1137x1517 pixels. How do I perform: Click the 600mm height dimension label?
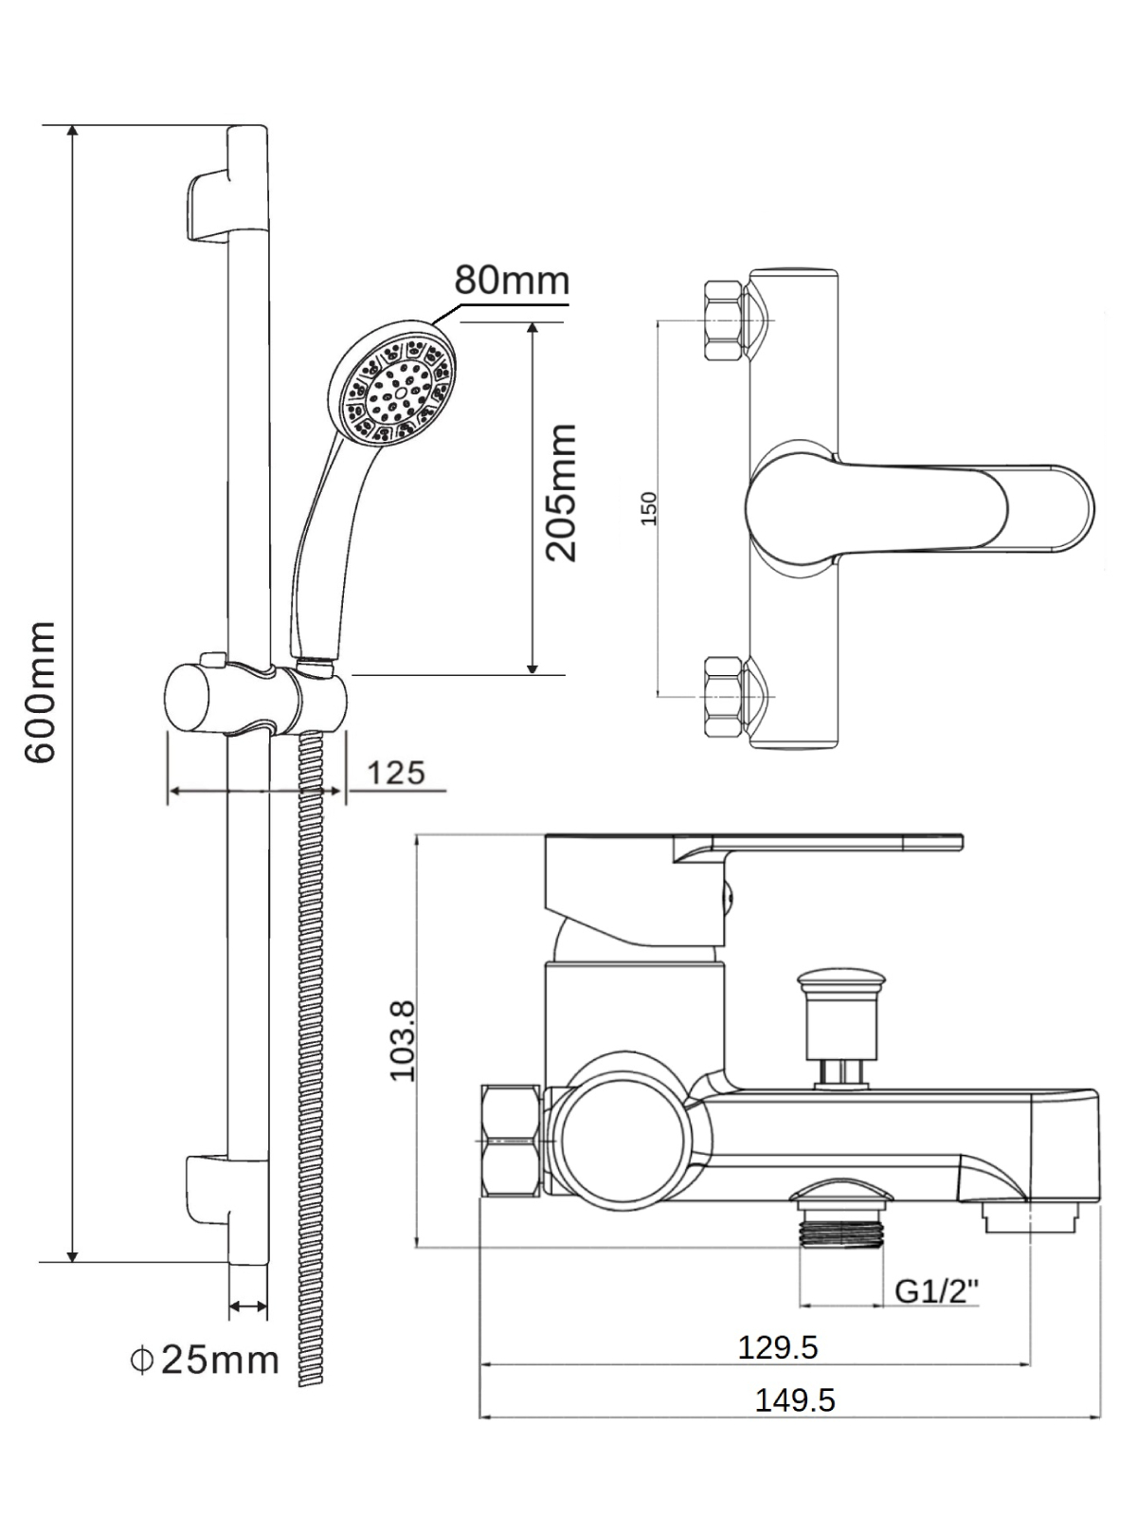pyautogui.click(x=40, y=692)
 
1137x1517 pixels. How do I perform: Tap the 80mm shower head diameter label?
pyautogui.click(x=512, y=281)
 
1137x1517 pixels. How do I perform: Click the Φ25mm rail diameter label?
pyautogui.click(x=205, y=1361)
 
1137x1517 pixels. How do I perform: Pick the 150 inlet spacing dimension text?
pyautogui.click(x=648, y=508)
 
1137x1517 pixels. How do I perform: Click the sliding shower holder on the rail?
pyautogui.click(x=256, y=700)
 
